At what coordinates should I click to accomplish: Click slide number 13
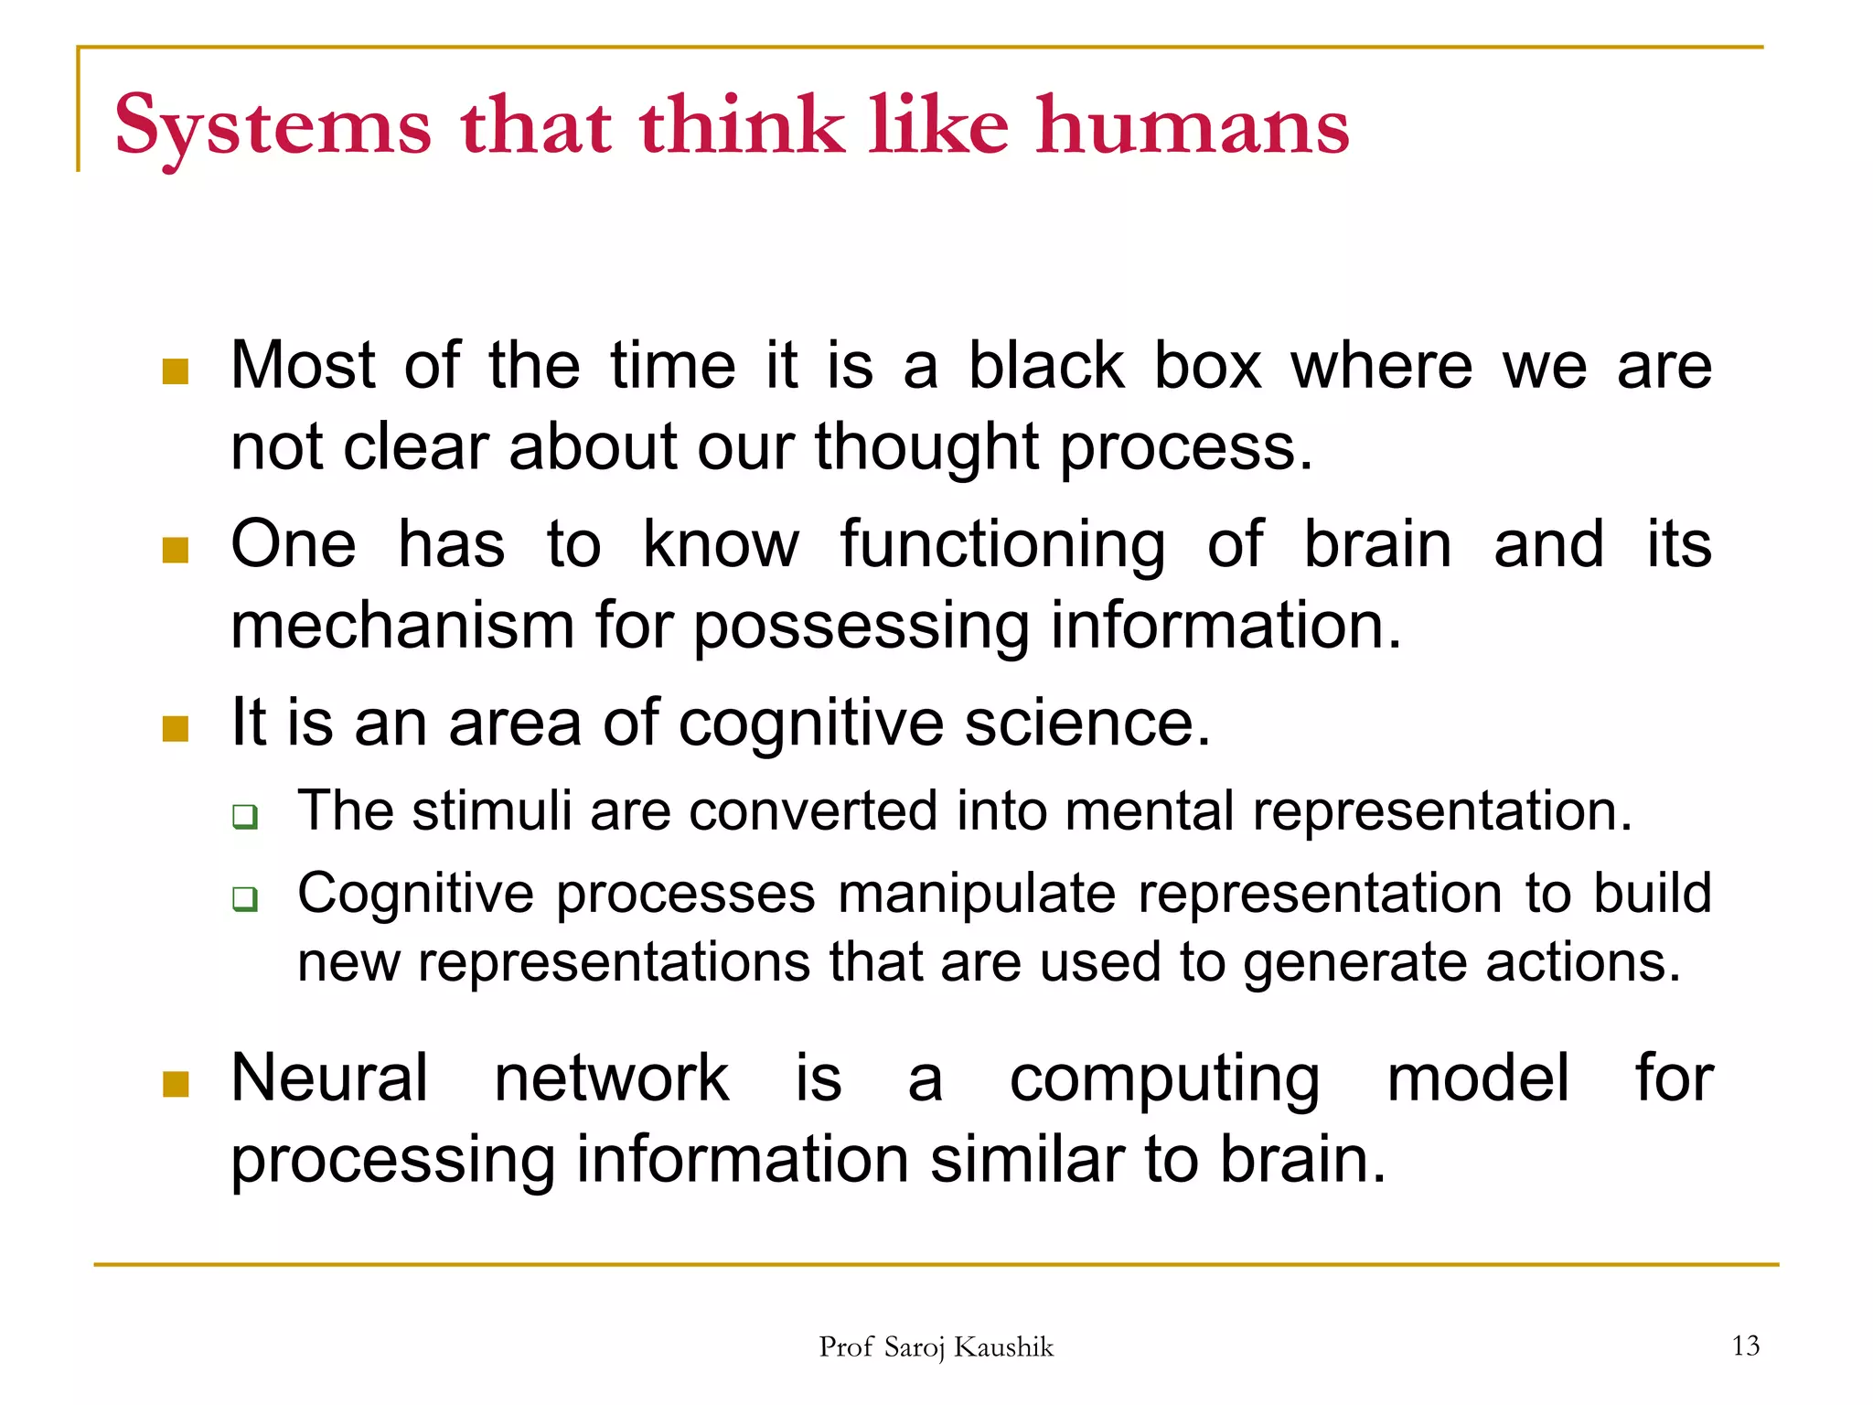tap(1745, 1346)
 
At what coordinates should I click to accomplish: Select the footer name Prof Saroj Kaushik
tap(936, 1346)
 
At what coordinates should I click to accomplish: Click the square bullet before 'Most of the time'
tap(175, 371)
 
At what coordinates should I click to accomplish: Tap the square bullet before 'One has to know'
tap(175, 550)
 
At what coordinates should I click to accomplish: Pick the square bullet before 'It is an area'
tap(175, 728)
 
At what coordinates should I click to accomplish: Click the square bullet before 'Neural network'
tap(175, 1084)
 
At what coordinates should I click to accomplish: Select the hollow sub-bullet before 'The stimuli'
tap(244, 815)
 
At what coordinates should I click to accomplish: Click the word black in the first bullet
tap(1045, 366)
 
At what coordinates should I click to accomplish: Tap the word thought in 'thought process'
tap(926, 448)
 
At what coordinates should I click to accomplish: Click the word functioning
tap(1002, 545)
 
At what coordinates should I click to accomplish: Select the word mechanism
tap(402, 627)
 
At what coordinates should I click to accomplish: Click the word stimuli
tap(491, 810)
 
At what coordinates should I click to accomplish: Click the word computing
tap(1164, 1080)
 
